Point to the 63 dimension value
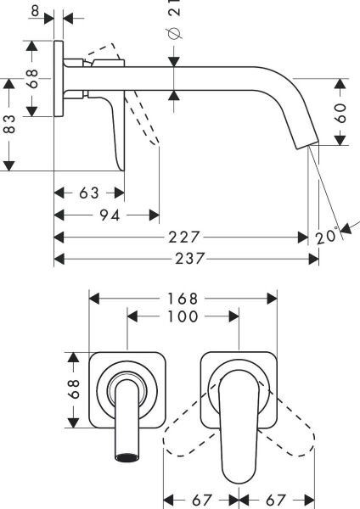point(89,193)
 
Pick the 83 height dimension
point(10,126)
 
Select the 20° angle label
point(328,237)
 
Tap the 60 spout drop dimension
point(341,113)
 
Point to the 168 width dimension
point(183,299)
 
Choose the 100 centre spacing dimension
point(183,316)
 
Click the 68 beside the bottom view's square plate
point(75,389)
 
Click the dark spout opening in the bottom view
point(126,458)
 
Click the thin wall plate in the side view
point(59,81)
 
